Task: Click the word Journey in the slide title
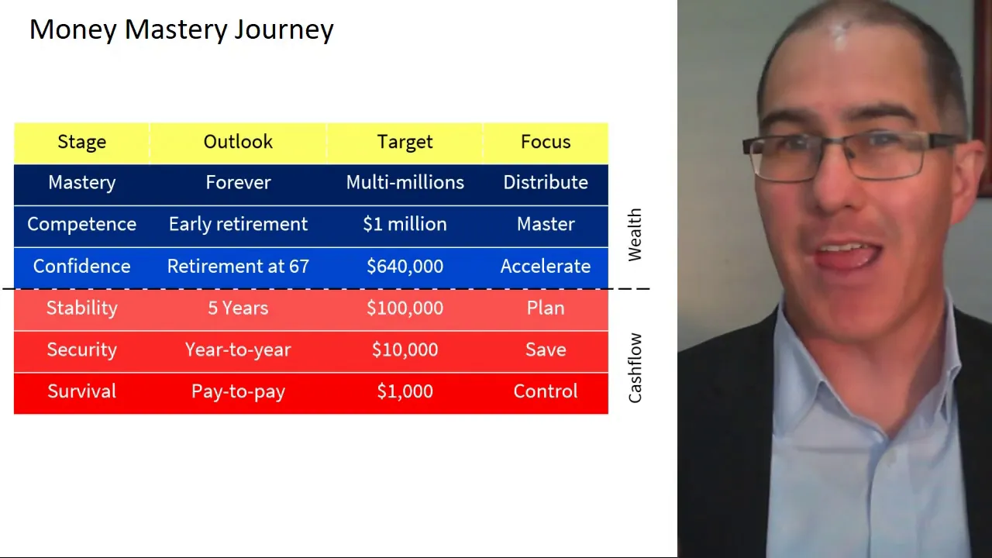click(284, 30)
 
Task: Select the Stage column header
click(82, 142)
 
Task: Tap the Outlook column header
click(238, 142)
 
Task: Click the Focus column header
click(546, 142)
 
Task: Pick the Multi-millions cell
click(405, 182)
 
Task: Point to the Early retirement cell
click(238, 225)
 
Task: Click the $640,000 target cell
click(405, 267)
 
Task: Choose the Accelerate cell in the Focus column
click(546, 266)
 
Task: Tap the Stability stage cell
click(82, 308)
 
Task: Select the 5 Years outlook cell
click(238, 308)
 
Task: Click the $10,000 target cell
click(405, 350)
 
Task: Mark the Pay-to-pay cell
click(238, 392)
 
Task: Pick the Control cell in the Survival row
click(546, 391)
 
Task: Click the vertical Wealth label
click(635, 235)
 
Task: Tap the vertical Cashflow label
click(635, 368)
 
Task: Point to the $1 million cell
click(405, 224)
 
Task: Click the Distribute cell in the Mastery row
click(546, 182)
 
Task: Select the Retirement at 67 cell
click(238, 266)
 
